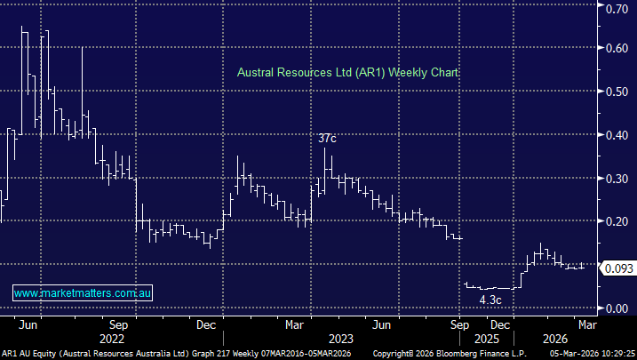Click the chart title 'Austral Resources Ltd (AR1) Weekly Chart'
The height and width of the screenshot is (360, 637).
coord(347,74)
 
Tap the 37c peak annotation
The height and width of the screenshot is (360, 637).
coord(328,138)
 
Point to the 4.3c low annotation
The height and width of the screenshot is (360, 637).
coord(490,300)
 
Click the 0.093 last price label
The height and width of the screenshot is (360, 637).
coord(617,268)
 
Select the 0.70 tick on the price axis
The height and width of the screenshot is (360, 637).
coord(616,8)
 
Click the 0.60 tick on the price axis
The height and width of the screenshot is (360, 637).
coord(616,48)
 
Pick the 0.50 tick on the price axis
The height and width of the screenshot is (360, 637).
coord(616,91)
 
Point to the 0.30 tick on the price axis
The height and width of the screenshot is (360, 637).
coord(616,178)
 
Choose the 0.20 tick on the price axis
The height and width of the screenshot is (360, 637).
coord(616,221)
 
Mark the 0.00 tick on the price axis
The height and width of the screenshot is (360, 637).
coord(616,308)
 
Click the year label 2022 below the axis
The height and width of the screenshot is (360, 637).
coord(111,338)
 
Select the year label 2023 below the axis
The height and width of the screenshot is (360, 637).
coord(341,338)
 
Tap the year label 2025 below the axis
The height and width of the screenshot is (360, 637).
coord(480,338)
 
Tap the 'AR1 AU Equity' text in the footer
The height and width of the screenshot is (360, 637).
coord(28,353)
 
